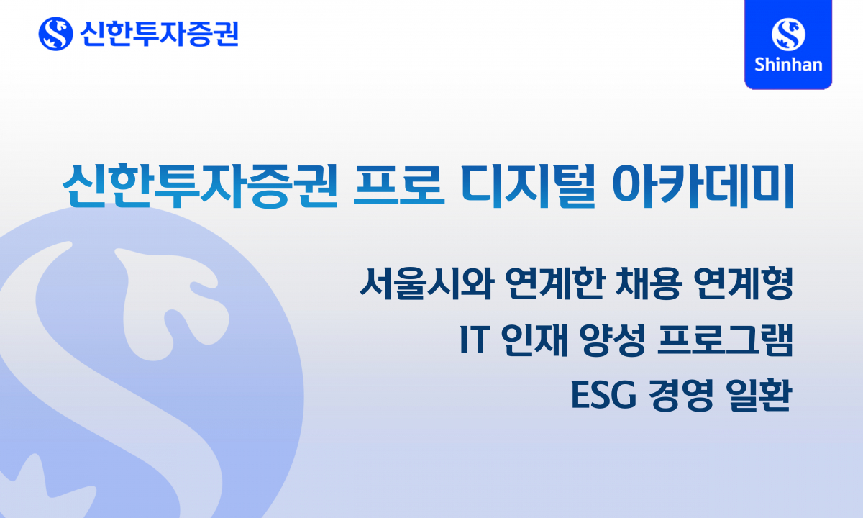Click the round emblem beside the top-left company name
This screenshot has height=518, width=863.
tap(55, 33)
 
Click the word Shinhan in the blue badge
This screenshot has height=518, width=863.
tap(788, 64)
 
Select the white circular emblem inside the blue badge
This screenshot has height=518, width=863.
tap(788, 33)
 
